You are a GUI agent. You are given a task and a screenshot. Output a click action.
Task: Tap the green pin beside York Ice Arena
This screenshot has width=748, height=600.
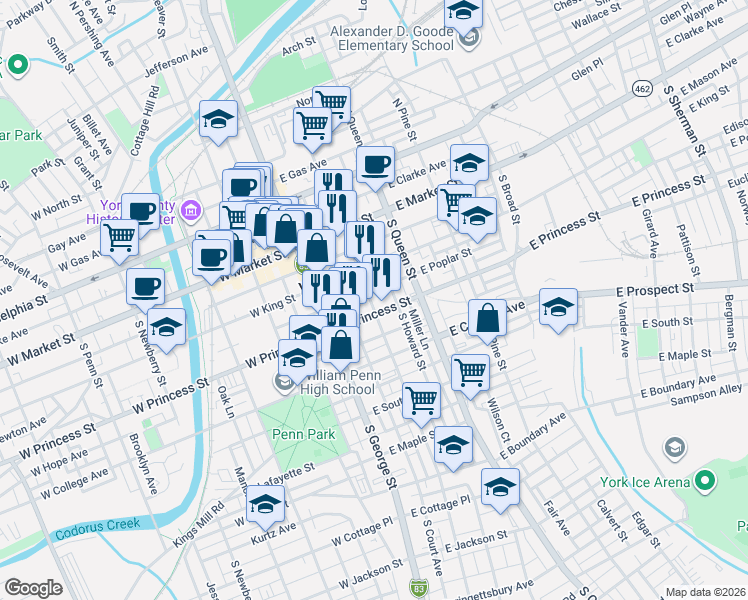point(706,483)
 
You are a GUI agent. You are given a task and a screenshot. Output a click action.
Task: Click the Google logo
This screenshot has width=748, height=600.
point(33,588)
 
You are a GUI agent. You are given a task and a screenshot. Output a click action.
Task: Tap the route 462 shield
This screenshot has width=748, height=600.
point(640,89)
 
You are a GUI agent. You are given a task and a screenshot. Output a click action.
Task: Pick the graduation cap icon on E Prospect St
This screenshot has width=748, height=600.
point(558,304)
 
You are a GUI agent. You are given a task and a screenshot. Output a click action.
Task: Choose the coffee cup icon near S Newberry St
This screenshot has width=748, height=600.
point(145,285)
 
